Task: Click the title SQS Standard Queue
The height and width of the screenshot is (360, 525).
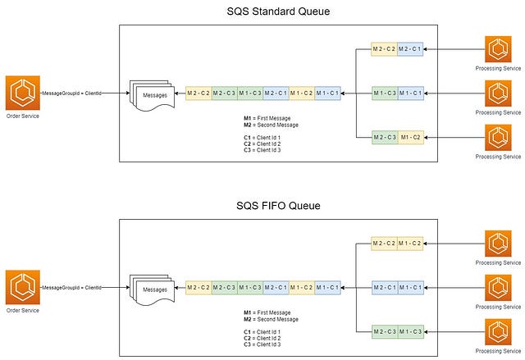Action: [x=278, y=11]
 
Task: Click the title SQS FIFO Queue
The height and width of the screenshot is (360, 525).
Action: [x=278, y=206]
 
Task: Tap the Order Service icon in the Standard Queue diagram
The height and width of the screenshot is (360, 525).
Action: [x=23, y=93]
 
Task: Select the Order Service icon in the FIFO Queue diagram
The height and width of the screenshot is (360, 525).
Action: [x=23, y=287]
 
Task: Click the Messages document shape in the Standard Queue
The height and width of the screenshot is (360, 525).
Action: [x=153, y=96]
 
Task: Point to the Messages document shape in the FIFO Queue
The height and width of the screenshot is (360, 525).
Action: [x=153, y=290]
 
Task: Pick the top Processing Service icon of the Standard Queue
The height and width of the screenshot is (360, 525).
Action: [x=498, y=49]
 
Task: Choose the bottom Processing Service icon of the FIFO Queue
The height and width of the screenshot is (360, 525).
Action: [x=498, y=332]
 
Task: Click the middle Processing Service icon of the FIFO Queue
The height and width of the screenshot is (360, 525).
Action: [x=498, y=288]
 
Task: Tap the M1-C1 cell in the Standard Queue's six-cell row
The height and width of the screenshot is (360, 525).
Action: [x=328, y=93]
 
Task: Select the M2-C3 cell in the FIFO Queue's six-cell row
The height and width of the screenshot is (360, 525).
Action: [x=224, y=287]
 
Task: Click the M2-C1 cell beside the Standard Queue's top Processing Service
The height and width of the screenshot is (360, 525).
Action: [x=410, y=49]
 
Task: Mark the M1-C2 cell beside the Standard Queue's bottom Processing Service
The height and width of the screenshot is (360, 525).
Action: [x=411, y=137]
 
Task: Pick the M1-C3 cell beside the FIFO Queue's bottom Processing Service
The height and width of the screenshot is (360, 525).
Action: [x=411, y=332]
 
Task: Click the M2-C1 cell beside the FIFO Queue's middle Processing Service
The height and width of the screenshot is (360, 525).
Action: [x=385, y=288]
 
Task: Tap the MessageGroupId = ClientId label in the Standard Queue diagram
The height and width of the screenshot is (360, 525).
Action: [x=71, y=93]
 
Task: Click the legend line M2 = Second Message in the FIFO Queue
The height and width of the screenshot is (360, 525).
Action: [x=271, y=319]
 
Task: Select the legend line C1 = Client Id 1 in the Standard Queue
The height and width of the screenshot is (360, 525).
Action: [x=262, y=138]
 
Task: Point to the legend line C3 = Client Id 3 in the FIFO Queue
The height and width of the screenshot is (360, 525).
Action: [x=262, y=344]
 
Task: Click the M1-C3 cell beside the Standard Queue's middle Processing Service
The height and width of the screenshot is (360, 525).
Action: [x=385, y=93]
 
